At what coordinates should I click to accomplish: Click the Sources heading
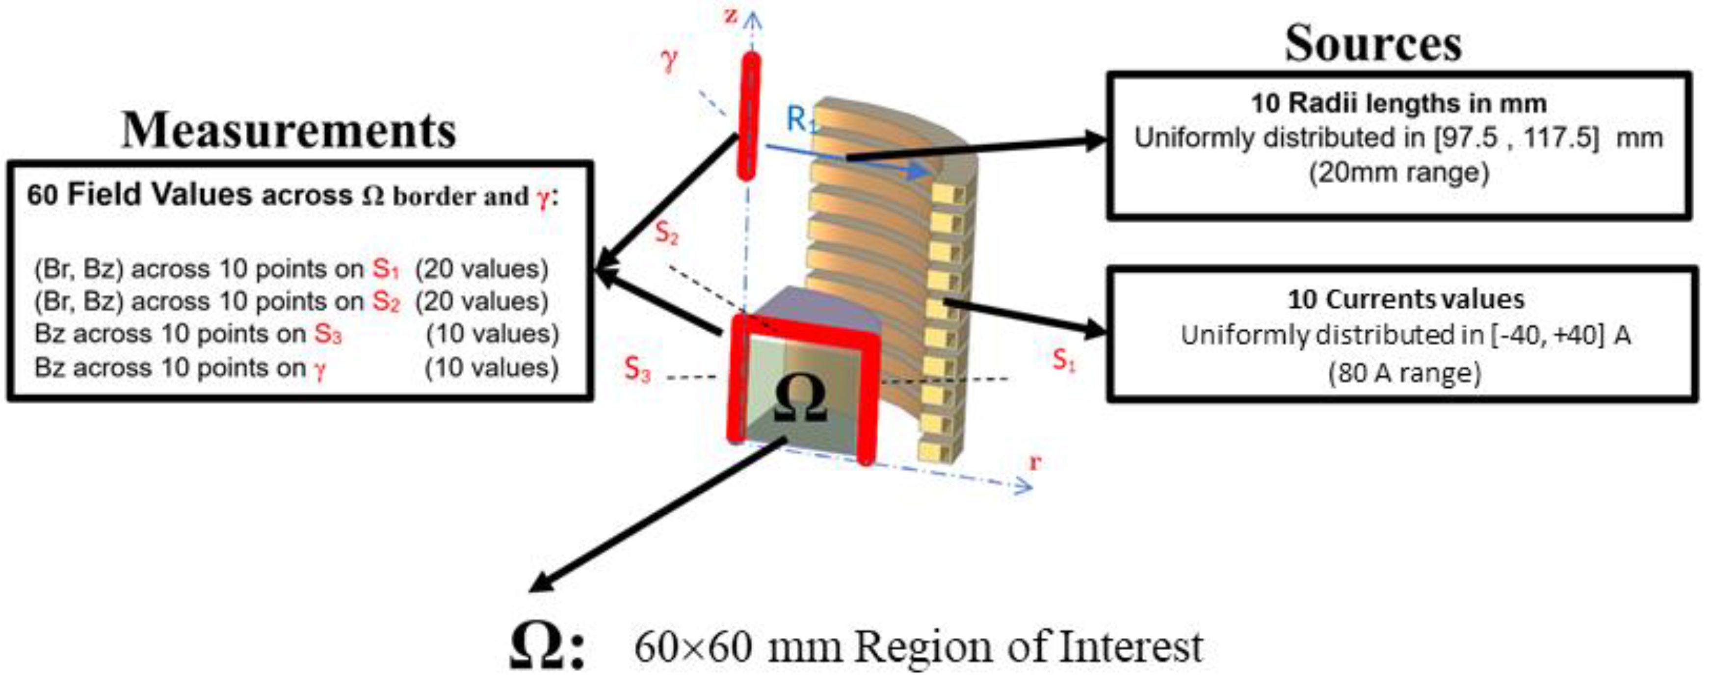[x=1372, y=44]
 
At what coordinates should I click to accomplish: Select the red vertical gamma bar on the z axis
[x=749, y=116]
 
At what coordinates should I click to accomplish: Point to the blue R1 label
[x=801, y=120]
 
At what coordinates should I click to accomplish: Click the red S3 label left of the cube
[x=636, y=369]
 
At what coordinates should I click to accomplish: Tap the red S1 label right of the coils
[x=1064, y=360]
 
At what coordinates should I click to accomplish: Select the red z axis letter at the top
[x=731, y=15]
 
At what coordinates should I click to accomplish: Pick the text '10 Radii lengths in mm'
[x=1398, y=103]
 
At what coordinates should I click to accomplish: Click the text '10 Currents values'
[x=1406, y=299]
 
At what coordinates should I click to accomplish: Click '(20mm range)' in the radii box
[x=1398, y=173]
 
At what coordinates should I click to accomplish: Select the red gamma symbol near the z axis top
[x=669, y=60]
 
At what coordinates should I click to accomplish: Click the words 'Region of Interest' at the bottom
[x=1028, y=647]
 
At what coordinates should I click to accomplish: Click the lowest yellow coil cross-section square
[x=928, y=451]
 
